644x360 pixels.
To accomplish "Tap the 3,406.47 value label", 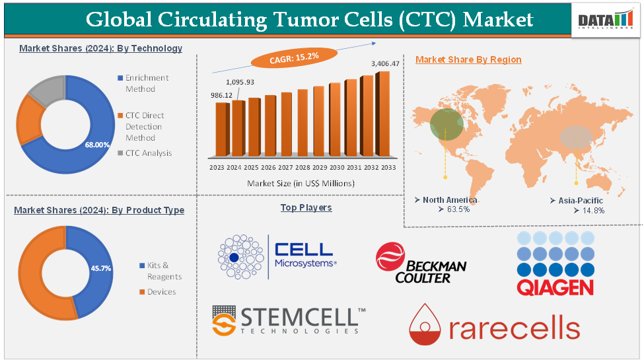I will pos(385,63).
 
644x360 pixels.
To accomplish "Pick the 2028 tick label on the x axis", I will pos(302,168).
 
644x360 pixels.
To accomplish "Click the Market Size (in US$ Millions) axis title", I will pos(301,183).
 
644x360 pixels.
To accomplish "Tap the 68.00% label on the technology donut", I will pos(97,145).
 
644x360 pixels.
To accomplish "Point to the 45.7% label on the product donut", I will pos(100,269).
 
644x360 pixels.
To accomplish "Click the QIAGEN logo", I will pos(554,264).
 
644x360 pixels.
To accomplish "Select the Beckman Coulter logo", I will pos(421,264).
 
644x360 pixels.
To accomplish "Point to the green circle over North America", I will pos(447,124).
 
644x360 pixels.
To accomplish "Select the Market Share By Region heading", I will pos(468,59).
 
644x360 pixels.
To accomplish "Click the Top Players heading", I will pos(306,207).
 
